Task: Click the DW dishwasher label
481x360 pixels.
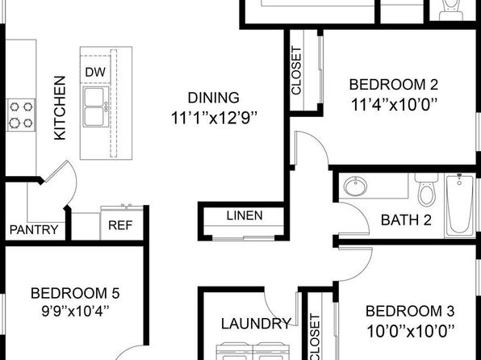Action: click(95, 72)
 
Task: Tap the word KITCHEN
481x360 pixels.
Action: click(60, 108)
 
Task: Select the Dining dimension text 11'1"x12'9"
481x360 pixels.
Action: click(214, 118)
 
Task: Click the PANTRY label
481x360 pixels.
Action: click(34, 229)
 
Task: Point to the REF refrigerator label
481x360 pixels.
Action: click(120, 225)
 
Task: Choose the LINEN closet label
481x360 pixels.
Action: click(245, 216)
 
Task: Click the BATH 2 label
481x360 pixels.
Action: click(406, 220)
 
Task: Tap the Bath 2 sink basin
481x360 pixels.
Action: click(355, 186)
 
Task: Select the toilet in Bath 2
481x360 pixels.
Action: click(426, 190)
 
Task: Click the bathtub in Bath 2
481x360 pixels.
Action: click(459, 205)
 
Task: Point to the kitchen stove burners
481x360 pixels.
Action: click(21, 115)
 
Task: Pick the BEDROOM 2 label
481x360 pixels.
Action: click(394, 85)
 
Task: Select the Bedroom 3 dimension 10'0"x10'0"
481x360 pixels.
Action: click(410, 331)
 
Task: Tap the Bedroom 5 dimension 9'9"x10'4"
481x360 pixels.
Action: click(75, 312)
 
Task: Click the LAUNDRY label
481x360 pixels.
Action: click(256, 324)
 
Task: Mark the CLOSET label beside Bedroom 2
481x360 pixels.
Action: click(296, 70)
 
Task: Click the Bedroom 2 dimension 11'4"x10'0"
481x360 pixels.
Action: click(394, 105)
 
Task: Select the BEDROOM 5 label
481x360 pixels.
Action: click(75, 293)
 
